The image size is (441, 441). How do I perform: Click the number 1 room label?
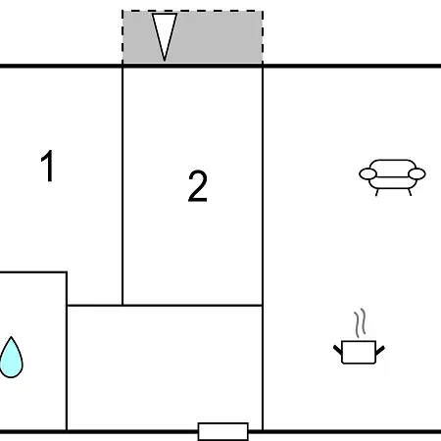[x=48, y=166]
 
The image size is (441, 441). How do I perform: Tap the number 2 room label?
[x=198, y=186]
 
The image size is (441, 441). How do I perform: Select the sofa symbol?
[x=392, y=177]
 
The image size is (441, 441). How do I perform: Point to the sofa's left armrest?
[x=367, y=173]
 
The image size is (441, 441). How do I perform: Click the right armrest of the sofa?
[x=416, y=173]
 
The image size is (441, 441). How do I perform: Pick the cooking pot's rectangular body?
[x=359, y=352]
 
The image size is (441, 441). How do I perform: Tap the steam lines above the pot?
[x=360, y=322]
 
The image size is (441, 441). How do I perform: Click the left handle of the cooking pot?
[x=337, y=350]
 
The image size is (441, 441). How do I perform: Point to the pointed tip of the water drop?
[x=11, y=337]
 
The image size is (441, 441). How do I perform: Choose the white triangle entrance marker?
[x=165, y=36]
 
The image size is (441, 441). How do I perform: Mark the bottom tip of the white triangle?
[x=165, y=61]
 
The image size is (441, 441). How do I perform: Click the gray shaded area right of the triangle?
[x=220, y=37]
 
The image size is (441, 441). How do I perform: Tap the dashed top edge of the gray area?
[x=192, y=11]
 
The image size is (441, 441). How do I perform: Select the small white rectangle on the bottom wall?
[x=223, y=431]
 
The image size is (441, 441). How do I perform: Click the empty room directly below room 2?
[x=165, y=367]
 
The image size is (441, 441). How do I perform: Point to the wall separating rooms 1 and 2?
[x=122, y=186]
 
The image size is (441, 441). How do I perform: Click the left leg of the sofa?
[x=377, y=192]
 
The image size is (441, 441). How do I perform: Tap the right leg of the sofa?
[x=410, y=192]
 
